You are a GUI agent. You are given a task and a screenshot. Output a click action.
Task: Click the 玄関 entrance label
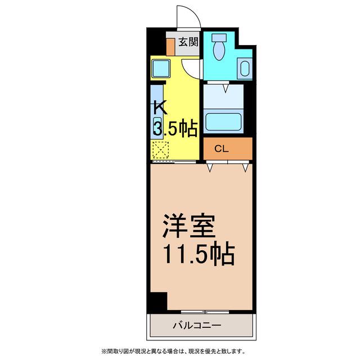[188, 42]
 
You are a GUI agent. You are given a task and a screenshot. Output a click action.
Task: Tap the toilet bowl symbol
[219, 47]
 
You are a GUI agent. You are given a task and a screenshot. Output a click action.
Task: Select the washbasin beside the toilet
[245, 67]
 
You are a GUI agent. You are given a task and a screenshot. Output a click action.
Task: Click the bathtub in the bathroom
[223, 121]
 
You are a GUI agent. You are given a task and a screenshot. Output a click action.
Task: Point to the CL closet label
[222, 148]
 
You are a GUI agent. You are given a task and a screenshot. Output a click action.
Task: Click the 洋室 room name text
[189, 226]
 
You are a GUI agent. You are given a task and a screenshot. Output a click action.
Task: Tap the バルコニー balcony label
[197, 325]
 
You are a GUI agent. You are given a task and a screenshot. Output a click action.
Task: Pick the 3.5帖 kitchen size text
[175, 129]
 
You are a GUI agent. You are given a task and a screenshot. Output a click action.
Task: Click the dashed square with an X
[161, 150]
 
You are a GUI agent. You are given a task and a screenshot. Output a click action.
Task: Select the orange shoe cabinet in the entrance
[170, 47]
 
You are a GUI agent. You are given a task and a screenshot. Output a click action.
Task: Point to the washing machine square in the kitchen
[161, 69]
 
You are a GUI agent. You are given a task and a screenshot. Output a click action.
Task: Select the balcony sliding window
[205, 312]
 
